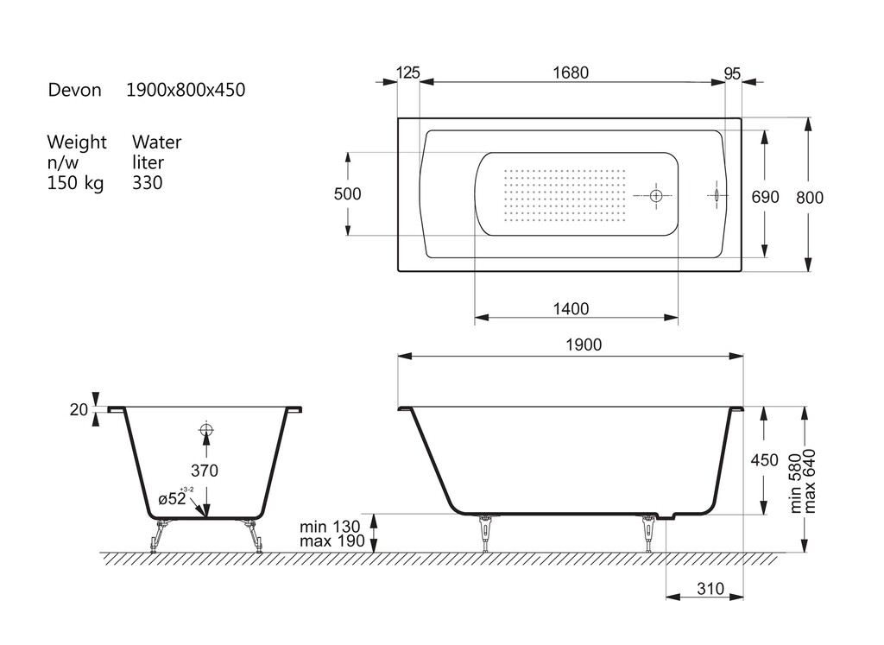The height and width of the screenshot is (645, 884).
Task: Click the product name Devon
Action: coord(74,90)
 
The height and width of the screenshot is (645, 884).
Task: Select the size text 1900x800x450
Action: coord(186,90)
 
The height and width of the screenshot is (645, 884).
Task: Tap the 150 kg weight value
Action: coord(75,183)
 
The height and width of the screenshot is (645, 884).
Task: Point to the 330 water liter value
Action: coord(147,183)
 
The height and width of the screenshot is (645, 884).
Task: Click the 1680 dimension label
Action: coord(571,73)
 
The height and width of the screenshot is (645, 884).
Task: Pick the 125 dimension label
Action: coord(407,73)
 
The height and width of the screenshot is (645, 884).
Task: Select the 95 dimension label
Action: coord(732,74)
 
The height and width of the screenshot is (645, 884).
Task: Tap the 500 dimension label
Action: coord(347,194)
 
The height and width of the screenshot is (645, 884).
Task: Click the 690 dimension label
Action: coord(765,197)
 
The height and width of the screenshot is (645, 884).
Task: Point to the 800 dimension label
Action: coord(810,198)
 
